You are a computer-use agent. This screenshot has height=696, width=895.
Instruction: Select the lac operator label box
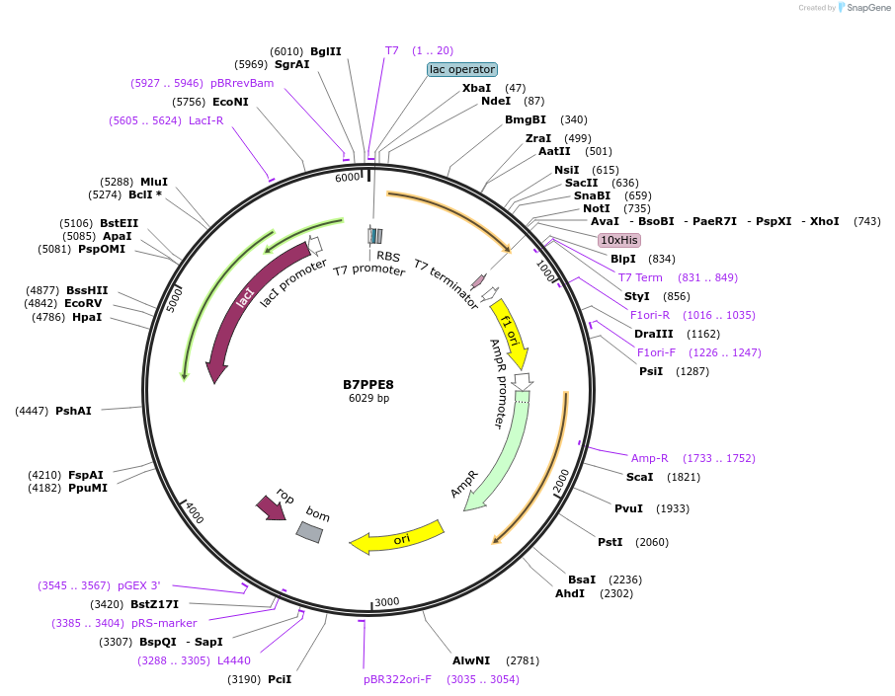[461, 69]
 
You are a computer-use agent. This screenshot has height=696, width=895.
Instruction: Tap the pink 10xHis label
[619, 240]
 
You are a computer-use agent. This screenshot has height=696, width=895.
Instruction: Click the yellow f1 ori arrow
[511, 333]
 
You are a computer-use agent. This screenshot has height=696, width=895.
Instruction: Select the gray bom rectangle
[309, 532]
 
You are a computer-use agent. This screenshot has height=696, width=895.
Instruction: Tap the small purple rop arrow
[271, 507]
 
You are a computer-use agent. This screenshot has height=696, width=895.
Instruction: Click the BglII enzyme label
[325, 51]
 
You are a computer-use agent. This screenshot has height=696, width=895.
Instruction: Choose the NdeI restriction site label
[496, 101]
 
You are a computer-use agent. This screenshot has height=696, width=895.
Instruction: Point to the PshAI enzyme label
[73, 411]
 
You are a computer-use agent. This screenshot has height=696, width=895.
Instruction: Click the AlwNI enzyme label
[471, 659]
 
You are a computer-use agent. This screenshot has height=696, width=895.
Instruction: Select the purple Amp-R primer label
[650, 458]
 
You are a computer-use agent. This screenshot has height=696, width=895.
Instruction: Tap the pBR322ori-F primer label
[397, 679]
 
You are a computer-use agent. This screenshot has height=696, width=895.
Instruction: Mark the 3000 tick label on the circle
[386, 602]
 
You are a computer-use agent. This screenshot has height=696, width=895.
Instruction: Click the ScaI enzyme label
[639, 477]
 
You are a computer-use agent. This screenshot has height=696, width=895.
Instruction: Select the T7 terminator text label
[447, 284]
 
